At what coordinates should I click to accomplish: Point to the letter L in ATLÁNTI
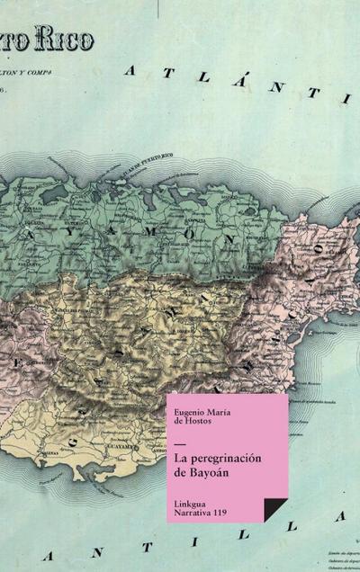pos(201,76)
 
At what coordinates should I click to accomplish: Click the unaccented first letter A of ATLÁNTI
pos(133,68)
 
